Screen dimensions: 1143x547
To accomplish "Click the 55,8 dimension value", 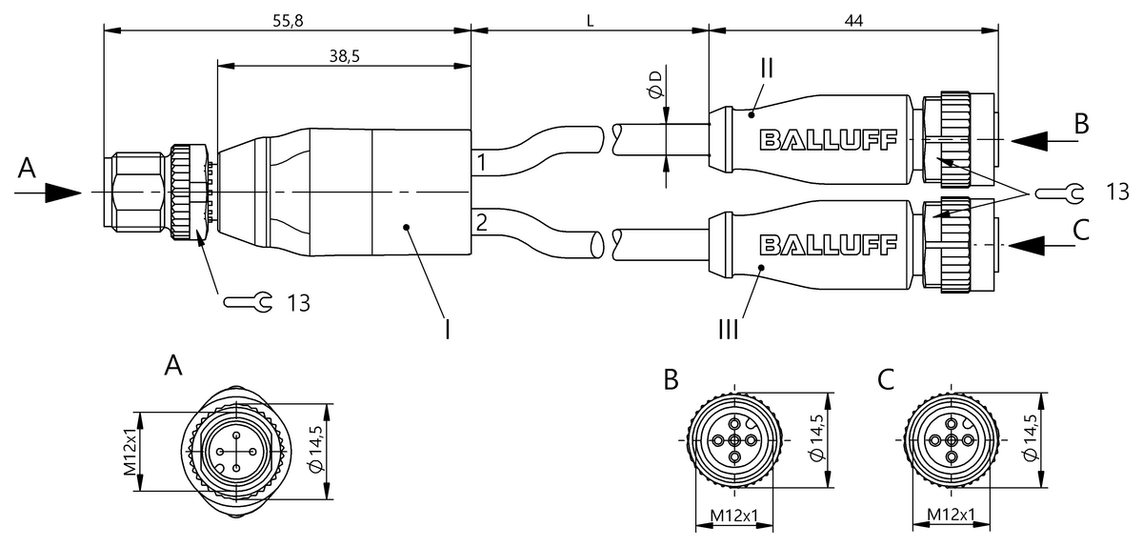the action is [288, 21].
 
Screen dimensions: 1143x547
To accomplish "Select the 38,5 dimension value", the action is [345, 56].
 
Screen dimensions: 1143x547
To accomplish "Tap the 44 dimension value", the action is [853, 21].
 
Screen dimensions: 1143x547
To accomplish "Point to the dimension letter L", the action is [590, 22].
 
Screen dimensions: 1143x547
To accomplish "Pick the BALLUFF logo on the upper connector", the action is [828, 140].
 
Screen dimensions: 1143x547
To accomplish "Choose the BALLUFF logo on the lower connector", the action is [828, 245].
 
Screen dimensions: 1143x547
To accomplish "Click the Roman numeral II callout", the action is [767, 68].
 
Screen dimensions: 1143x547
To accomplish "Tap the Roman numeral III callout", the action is [728, 329].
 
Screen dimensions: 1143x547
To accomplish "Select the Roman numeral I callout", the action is [448, 330].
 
